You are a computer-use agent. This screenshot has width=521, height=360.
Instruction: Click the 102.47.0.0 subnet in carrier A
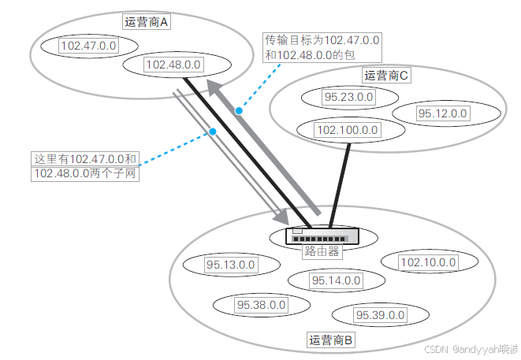[x=89, y=46]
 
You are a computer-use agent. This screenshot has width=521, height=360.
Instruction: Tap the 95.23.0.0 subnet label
[x=348, y=98]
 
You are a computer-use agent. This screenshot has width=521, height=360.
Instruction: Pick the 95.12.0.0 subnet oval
[x=442, y=113]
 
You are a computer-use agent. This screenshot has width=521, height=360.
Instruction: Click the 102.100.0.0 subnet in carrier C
[x=347, y=130]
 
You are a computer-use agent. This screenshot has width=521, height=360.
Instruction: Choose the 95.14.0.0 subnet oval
[x=336, y=280]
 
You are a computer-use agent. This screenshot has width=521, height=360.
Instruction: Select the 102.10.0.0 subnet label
[x=427, y=262]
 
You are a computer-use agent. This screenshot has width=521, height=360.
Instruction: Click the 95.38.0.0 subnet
[x=261, y=304]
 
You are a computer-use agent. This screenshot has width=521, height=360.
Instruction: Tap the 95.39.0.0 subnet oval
[x=380, y=315]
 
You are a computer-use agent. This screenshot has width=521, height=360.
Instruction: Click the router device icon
[x=322, y=236]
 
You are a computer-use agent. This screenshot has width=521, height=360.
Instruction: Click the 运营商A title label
[x=147, y=22]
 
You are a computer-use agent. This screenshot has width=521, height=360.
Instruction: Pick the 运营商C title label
[x=385, y=76]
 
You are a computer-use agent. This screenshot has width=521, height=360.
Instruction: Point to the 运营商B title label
[x=332, y=340]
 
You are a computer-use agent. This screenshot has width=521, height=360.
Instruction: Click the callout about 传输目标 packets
[x=322, y=46]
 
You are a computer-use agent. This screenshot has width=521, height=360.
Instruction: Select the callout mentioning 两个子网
[x=86, y=165]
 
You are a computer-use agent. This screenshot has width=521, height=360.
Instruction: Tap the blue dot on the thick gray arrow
[x=239, y=111]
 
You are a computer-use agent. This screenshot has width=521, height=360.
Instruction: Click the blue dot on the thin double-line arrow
[x=212, y=132]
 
